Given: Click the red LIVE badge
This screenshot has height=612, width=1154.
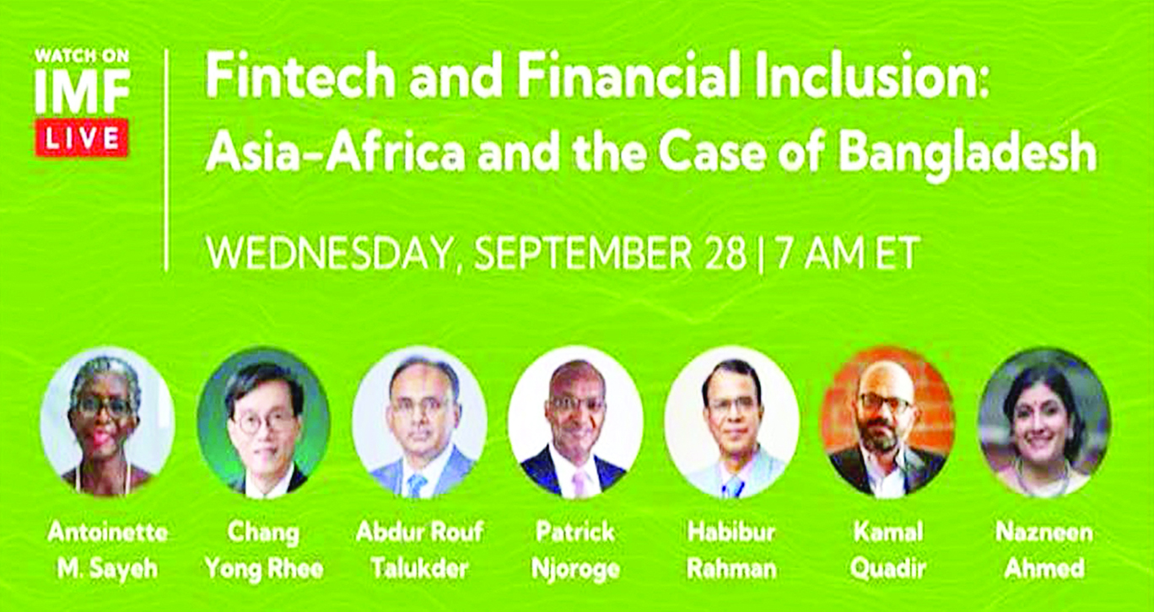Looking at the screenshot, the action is pos(81,138).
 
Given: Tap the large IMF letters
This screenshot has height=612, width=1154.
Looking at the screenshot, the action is pos(82,91).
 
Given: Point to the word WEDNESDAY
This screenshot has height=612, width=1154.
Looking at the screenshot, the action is pos(328,252).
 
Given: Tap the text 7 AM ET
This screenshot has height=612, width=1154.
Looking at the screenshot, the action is pos(848,252).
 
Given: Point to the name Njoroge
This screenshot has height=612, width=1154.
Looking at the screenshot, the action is pos(575,569).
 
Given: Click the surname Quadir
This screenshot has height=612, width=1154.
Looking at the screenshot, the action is pos(888,569).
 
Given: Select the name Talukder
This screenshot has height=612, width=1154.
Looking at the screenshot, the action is pos(419,568).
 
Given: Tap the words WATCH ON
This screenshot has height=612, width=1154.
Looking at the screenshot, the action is pos(82,56).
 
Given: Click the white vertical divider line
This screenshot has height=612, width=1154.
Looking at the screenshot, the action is pos(167,160).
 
